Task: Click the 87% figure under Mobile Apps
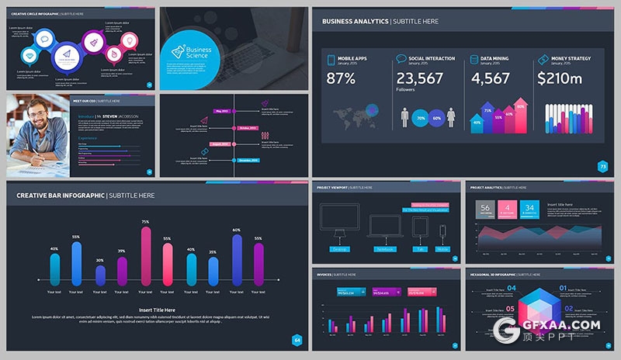coord(341,78)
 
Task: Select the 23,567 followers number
coord(419,78)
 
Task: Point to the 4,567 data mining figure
coord(490,78)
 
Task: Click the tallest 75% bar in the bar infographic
coord(145,254)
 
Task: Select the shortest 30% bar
coord(99,274)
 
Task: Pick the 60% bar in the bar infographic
coord(236,258)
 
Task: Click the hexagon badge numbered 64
coord(296,340)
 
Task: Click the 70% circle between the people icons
coord(421,119)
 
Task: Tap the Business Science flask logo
coord(179,52)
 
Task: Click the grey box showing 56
coord(485,208)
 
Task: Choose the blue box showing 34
coord(529,208)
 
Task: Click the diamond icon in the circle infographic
coord(30,56)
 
